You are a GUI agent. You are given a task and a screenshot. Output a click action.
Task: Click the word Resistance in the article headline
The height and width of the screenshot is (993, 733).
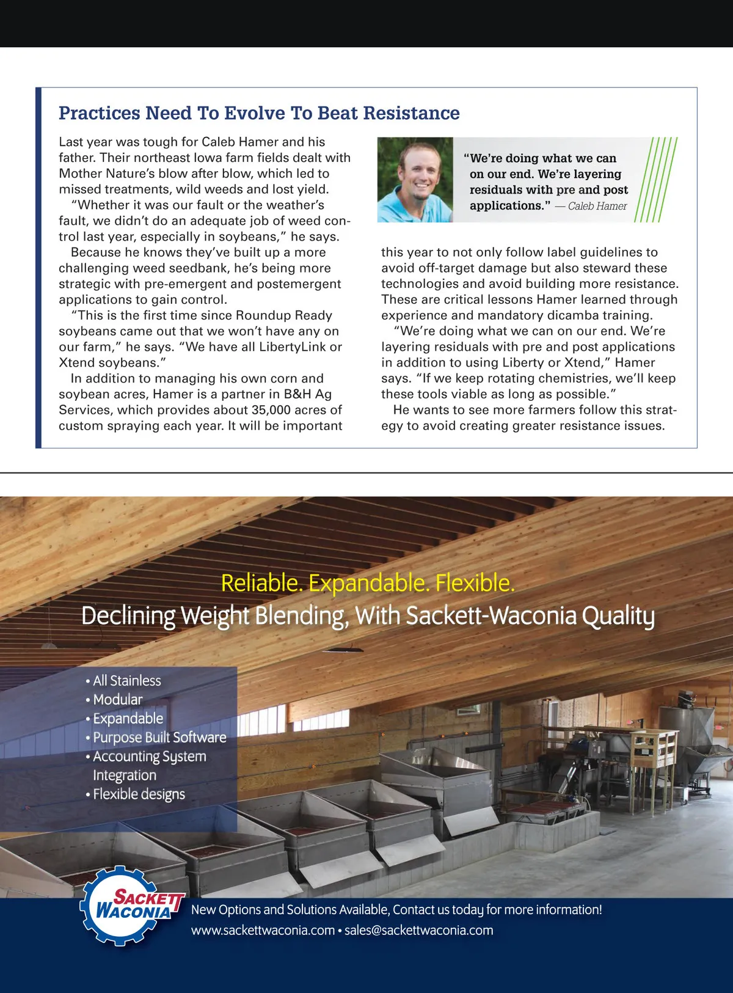tap(411, 113)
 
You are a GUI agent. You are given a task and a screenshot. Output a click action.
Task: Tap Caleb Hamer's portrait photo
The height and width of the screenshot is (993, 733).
tap(415, 180)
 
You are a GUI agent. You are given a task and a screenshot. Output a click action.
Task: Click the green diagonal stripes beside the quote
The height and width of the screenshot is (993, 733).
tap(656, 180)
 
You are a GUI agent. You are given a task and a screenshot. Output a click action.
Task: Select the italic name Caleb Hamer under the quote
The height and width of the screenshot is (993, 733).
tap(597, 206)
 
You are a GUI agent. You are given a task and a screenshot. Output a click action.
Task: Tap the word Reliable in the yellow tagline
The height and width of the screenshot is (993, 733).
tap(261, 583)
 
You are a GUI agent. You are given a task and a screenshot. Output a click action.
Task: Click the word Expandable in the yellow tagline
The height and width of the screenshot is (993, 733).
tap(369, 583)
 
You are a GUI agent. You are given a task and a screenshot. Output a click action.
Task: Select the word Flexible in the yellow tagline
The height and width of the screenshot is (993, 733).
tap(475, 583)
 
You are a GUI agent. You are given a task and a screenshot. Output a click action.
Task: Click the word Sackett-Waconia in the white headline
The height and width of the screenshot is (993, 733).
tap(490, 615)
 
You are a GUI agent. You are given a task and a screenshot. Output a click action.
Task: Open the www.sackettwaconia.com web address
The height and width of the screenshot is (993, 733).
tap(263, 931)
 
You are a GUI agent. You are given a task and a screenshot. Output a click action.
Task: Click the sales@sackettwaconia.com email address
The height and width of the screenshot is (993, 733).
tap(418, 931)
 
